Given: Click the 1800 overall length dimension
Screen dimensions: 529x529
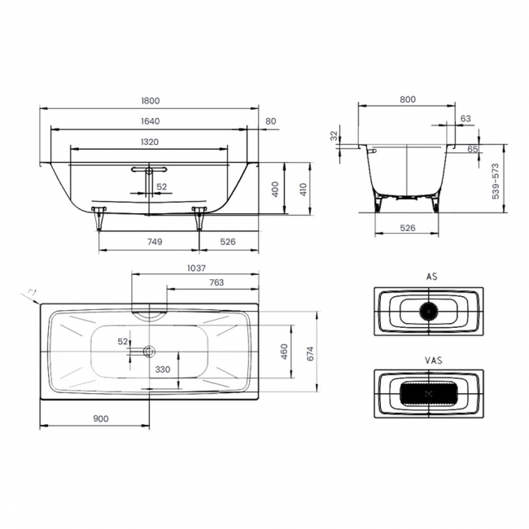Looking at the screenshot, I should (x=150, y=101).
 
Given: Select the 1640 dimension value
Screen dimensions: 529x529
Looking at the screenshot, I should (x=150, y=121).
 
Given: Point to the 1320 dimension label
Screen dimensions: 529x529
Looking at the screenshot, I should (x=150, y=142).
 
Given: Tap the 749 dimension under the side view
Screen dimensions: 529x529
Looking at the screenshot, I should (x=155, y=242).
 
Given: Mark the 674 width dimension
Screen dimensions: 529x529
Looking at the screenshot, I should (x=310, y=352).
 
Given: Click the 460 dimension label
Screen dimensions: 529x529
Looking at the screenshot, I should (x=284, y=352).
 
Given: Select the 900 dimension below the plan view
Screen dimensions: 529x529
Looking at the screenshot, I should (x=101, y=418).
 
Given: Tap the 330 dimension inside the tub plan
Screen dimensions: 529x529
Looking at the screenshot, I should (x=164, y=369).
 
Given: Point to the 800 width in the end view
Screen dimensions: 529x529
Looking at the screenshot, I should (x=408, y=99).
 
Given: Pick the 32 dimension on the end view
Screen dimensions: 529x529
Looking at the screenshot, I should (x=334, y=136).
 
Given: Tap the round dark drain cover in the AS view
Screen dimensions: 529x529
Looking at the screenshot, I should (x=428, y=310).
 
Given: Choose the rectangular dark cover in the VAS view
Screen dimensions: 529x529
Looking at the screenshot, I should (x=428, y=394).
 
